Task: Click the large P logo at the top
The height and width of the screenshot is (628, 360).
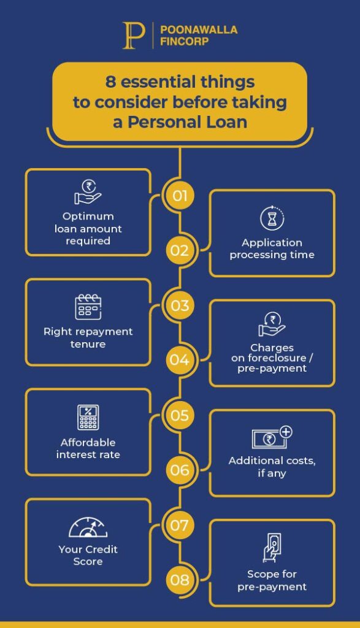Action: click(134, 36)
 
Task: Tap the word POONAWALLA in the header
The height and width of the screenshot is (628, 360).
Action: click(199, 30)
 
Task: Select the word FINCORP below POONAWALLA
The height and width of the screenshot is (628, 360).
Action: click(184, 41)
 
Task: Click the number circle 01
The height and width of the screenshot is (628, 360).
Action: click(180, 196)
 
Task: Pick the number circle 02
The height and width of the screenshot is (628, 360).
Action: click(180, 250)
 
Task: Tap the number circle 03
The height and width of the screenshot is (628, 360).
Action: click(180, 305)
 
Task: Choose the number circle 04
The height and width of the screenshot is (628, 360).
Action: click(180, 360)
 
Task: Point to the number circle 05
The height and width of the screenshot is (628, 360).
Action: click(180, 415)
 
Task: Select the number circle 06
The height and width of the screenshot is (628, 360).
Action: click(180, 470)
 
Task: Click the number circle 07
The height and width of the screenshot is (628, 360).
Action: click(180, 525)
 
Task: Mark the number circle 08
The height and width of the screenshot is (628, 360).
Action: click(180, 580)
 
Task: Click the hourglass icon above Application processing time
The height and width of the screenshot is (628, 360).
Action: click(272, 218)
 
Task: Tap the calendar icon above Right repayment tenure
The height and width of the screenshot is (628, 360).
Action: click(88, 307)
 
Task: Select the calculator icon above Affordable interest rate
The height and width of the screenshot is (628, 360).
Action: click(88, 417)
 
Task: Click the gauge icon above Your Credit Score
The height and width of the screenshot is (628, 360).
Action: click(88, 527)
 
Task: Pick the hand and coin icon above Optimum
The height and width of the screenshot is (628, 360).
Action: click(88, 192)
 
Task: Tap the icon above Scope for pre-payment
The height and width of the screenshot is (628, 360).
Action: click(272, 548)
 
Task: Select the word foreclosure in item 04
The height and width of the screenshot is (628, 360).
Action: click(277, 358)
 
